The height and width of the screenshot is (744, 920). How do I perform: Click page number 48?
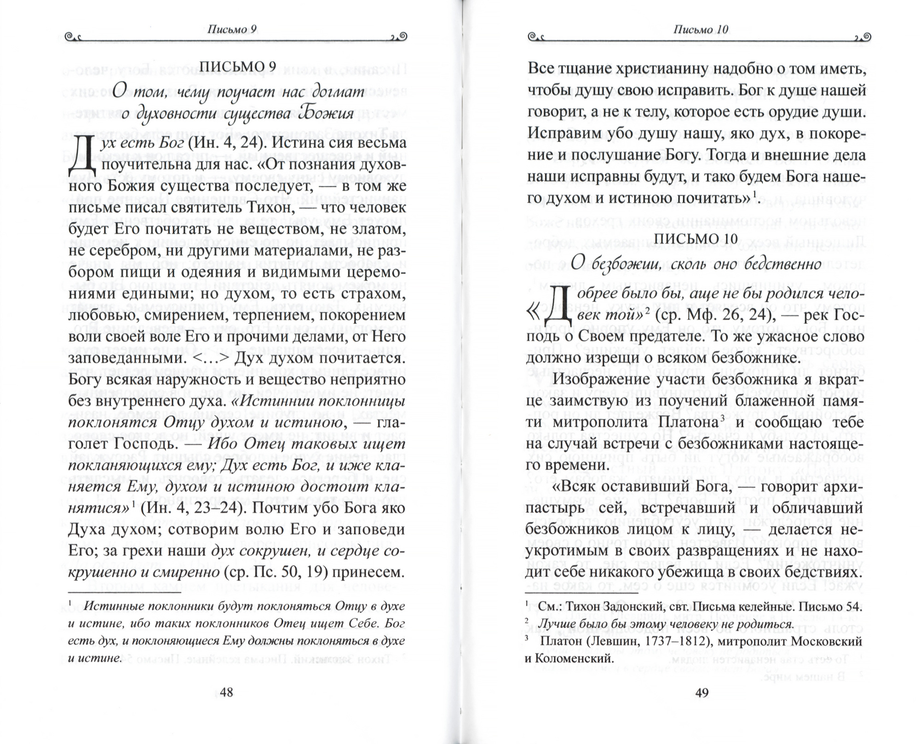coord(227,692)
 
